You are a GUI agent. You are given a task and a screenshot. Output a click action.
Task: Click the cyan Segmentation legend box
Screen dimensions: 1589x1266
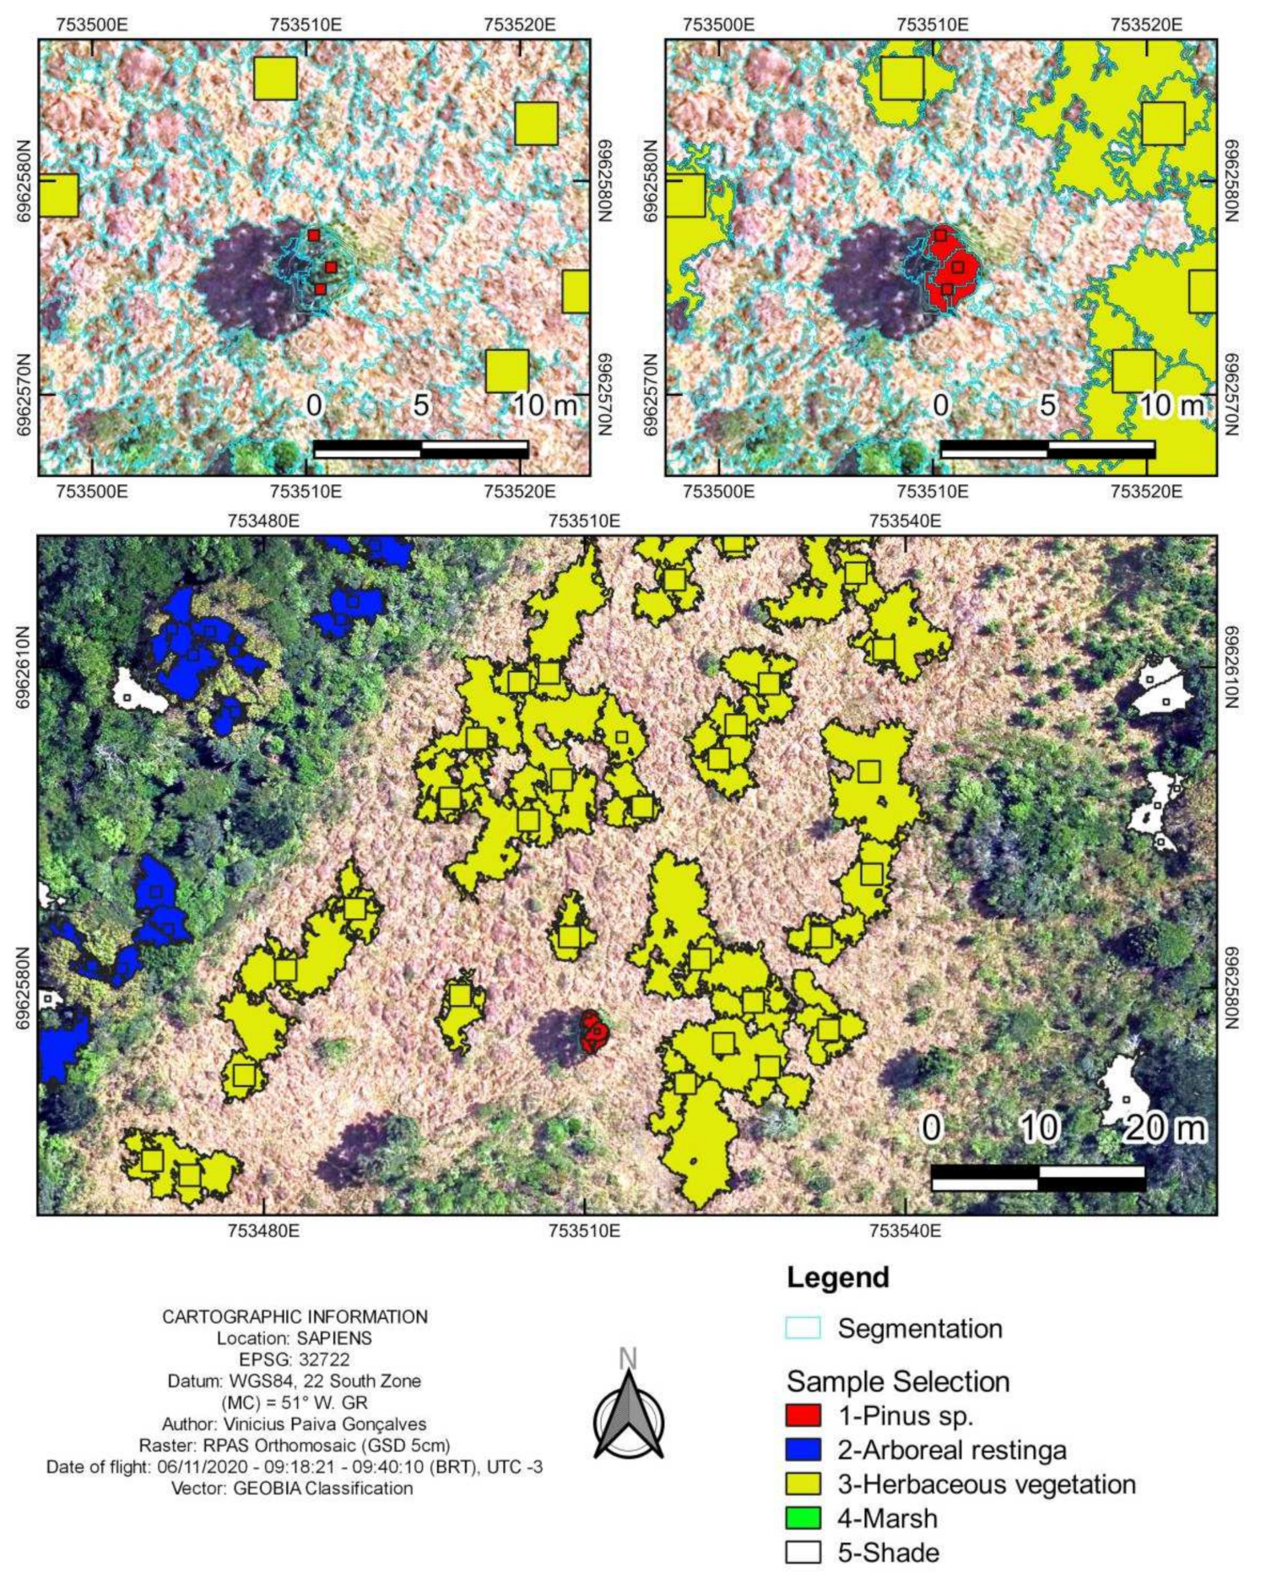click(x=802, y=1327)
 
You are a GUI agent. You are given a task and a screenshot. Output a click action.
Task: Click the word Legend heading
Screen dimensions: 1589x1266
click(x=837, y=1277)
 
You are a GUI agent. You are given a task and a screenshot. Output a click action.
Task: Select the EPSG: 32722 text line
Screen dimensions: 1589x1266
click(x=295, y=1359)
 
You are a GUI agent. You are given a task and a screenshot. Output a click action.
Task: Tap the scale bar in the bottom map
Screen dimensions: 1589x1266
click(x=1037, y=1178)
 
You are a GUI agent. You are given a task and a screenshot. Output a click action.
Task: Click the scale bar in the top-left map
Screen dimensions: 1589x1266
click(x=420, y=449)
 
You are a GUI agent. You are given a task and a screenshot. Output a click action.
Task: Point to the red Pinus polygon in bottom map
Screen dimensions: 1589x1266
click(x=594, y=1031)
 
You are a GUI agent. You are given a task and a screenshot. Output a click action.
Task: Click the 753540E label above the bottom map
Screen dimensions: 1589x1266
click(x=905, y=521)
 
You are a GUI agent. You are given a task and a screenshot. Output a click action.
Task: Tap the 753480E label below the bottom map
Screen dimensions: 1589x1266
click(x=263, y=1230)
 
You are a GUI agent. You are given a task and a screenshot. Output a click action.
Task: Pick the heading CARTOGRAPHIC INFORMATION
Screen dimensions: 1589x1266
click(x=295, y=1316)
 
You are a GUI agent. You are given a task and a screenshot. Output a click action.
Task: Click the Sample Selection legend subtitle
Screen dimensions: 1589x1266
click(x=897, y=1381)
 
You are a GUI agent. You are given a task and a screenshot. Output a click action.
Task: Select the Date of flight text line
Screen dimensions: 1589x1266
click(x=295, y=1467)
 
